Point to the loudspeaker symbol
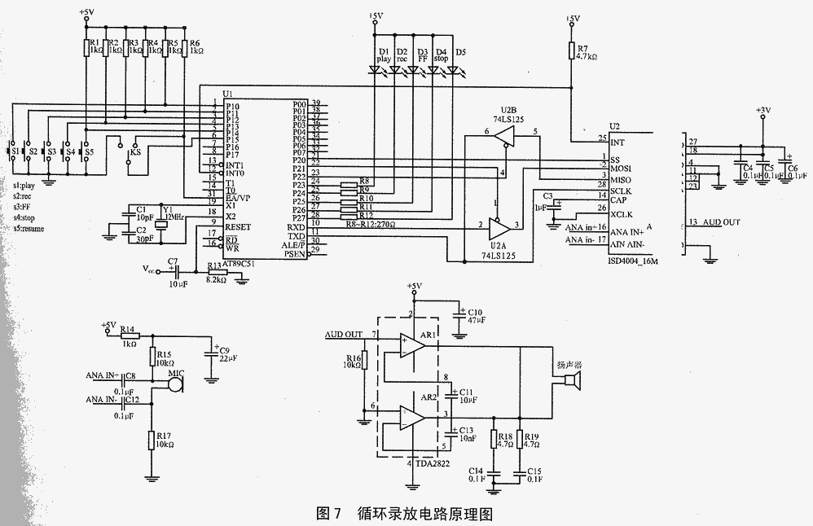pyautogui.click(x=572, y=383)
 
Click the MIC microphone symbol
pyautogui.click(x=174, y=384)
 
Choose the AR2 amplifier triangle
pyautogui.click(x=412, y=419)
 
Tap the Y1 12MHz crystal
pyautogui.click(x=160, y=221)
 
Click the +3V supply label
pyautogui.click(x=762, y=109)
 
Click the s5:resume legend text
pyautogui.click(x=29, y=229)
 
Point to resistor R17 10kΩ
pyautogui.click(x=151, y=441)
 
